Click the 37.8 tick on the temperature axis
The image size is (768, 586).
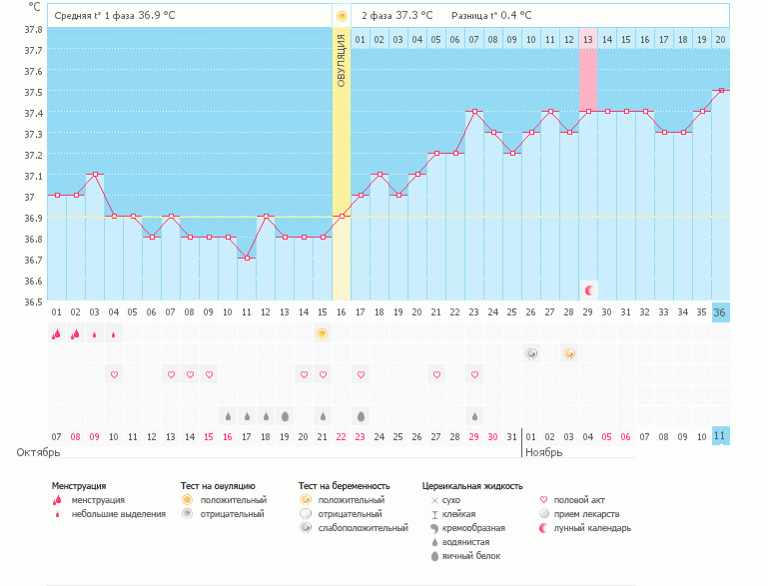(32, 29)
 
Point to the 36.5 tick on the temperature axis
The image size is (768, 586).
(32, 300)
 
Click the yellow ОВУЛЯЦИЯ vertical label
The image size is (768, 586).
(342, 60)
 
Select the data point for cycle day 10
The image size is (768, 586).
(228, 237)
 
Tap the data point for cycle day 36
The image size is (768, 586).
(721, 90)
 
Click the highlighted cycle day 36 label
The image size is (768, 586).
(721, 311)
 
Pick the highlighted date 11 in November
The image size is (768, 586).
(721, 436)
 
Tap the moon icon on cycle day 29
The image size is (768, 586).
(589, 290)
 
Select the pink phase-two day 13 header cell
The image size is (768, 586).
(588, 39)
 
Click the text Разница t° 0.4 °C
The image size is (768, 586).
(491, 16)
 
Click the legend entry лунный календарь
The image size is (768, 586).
(591, 527)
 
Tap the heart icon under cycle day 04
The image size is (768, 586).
(114, 374)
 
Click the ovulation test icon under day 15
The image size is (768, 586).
(323, 333)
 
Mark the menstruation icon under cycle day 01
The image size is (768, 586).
(57, 333)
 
